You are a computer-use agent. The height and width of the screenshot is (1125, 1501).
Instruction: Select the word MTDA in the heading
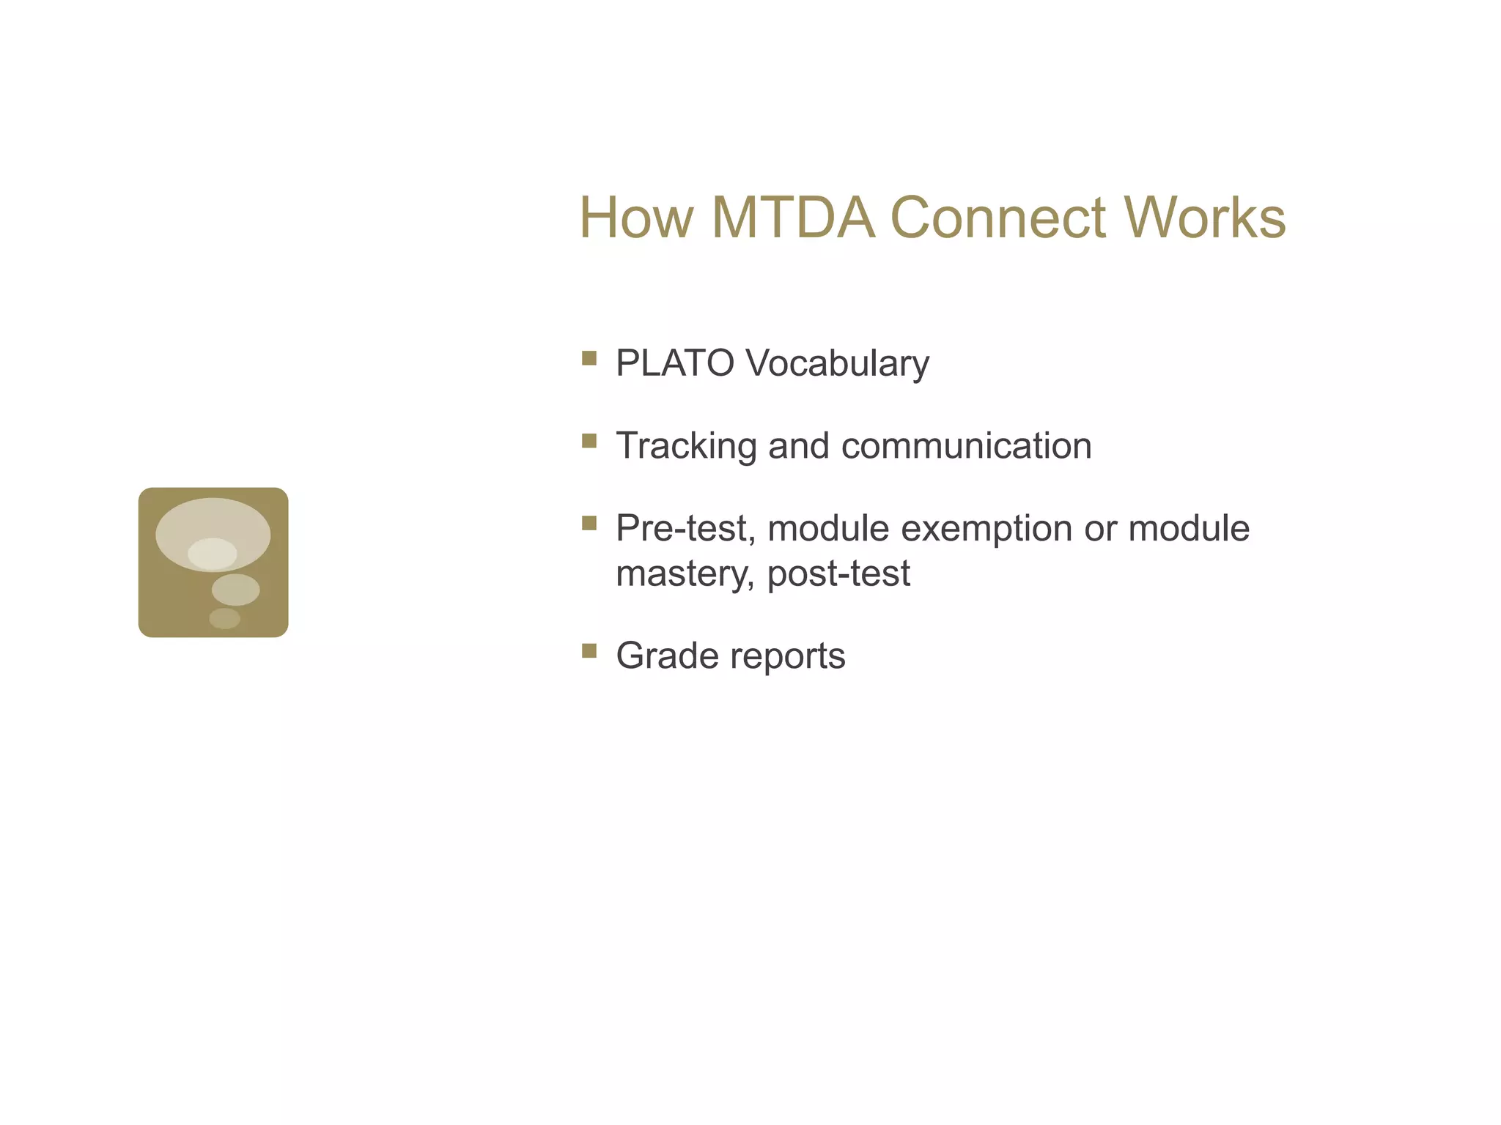point(793,218)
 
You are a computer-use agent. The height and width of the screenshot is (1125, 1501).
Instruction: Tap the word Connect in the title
point(997,218)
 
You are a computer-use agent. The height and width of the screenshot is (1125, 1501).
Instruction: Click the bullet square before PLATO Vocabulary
point(589,358)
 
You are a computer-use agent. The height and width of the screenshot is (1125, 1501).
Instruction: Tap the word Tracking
point(686,446)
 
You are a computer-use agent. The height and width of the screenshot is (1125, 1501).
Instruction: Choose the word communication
point(967,446)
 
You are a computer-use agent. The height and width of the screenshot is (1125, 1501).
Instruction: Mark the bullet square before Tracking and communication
point(589,440)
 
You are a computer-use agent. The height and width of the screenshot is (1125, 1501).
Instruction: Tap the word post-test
point(838,573)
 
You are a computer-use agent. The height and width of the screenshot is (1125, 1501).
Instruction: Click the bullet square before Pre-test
point(589,523)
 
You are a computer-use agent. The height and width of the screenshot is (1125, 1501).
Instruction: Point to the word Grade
point(667,656)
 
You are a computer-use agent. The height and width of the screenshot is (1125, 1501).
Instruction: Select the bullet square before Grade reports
point(589,650)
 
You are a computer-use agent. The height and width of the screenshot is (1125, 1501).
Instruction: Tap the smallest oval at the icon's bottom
point(224,618)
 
